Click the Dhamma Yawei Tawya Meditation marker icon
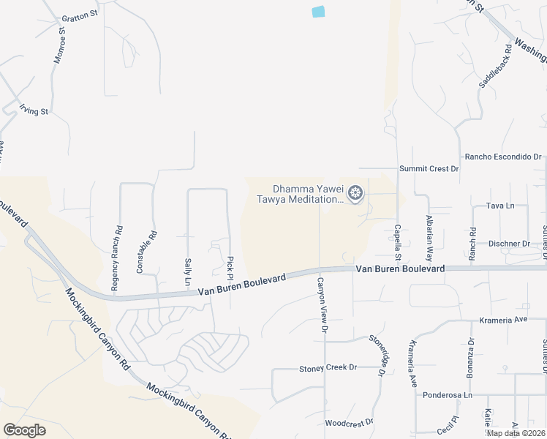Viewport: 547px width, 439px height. tap(355, 193)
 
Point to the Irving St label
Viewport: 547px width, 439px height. tap(34, 111)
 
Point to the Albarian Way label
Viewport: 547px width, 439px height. tap(429, 238)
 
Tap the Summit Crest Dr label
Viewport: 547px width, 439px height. tap(429, 169)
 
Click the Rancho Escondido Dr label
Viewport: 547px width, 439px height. tap(503, 157)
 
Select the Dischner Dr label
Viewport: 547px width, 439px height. tap(510, 244)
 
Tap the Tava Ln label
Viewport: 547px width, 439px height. tap(500, 206)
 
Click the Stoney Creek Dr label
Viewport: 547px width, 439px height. tap(328, 367)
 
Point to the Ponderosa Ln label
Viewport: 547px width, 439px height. tap(448, 395)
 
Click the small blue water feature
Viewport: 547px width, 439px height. tap(318, 12)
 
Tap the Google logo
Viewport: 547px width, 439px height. tap(24, 429)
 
